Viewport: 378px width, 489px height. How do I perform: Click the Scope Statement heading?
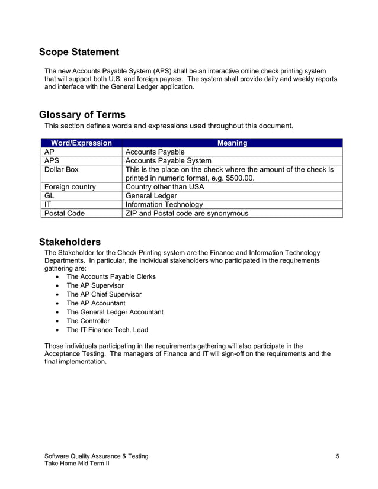(79, 52)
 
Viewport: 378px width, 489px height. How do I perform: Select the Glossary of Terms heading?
(82, 115)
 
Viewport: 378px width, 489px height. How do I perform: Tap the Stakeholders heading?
(69, 242)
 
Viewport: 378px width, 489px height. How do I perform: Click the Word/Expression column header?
(81, 143)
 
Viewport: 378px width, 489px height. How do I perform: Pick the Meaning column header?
(232, 143)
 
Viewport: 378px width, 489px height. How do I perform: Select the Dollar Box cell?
(62, 169)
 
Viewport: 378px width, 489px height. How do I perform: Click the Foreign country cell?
(70, 186)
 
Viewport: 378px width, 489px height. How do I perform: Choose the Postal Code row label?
(65, 213)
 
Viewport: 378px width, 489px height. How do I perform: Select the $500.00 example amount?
(236, 178)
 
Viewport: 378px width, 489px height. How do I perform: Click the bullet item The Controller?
(88, 321)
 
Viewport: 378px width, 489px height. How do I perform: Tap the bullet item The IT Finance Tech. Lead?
(107, 330)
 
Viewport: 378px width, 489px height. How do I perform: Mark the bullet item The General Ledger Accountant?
(114, 312)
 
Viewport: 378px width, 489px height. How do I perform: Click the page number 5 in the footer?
(337, 456)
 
